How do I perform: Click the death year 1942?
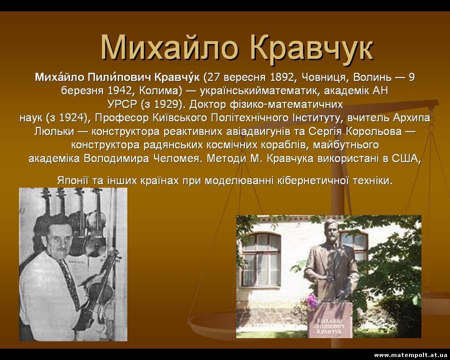(119, 90)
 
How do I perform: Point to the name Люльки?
(54, 131)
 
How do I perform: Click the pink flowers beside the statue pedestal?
(312, 301)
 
